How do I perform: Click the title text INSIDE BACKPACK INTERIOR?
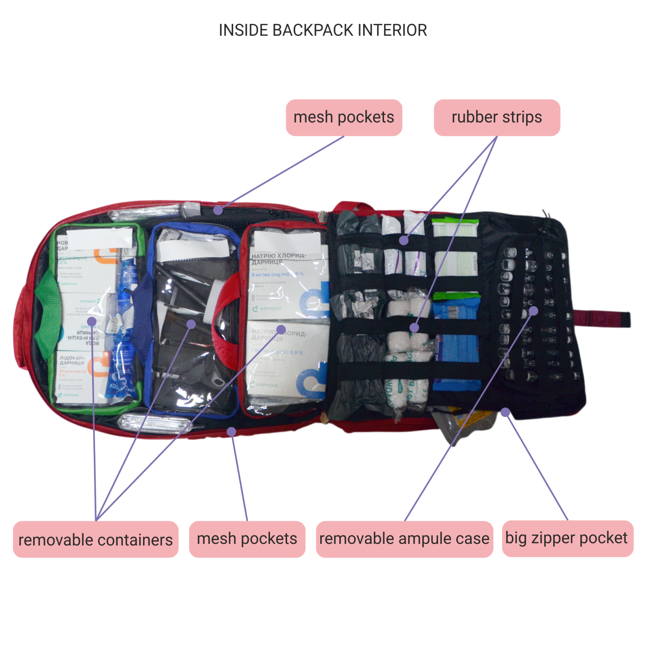tap(323, 30)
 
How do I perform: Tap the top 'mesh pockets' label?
tap(344, 117)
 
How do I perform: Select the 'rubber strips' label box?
tap(497, 117)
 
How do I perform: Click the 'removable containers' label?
tap(95, 539)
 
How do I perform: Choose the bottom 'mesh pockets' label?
tap(247, 539)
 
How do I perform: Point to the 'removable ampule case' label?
tap(404, 539)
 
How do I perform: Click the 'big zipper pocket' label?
tap(567, 538)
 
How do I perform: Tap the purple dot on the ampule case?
tap(533, 311)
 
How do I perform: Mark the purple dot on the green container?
tap(92, 321)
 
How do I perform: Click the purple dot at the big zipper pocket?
tap(505, 412)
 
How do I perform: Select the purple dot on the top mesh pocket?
tap(218, 210)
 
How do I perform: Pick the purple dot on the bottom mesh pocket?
tap(231, 431)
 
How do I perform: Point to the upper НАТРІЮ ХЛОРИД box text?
tap(279, 258)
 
